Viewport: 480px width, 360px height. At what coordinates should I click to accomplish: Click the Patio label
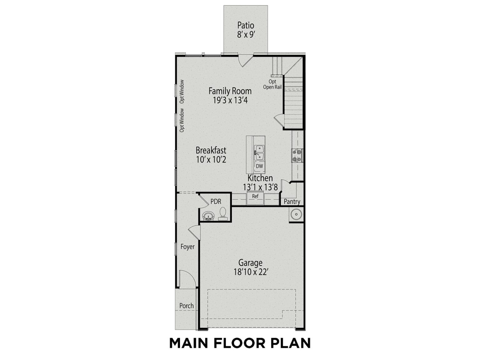(246, 25)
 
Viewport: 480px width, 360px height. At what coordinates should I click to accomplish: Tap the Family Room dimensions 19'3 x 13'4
(230, 100)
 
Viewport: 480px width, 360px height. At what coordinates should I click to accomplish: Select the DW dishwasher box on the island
(259, 166)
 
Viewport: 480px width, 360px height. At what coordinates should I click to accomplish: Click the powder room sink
(208, 216)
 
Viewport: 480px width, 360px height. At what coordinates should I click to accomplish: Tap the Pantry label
(292, 202)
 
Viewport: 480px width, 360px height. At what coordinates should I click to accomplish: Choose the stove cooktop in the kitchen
(297, 155)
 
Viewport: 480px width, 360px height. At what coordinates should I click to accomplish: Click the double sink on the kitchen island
(259, 153)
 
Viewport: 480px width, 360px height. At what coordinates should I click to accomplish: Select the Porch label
(187, 306)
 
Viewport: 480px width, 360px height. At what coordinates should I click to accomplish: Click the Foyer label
(187, 247)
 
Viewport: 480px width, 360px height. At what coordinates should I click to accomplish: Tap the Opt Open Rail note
(272, 84)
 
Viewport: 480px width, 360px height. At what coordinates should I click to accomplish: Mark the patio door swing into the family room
(245, 61)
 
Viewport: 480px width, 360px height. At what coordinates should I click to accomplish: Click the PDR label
(216, 201)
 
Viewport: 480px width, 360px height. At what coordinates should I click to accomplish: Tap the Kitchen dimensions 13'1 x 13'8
(260, 187)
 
